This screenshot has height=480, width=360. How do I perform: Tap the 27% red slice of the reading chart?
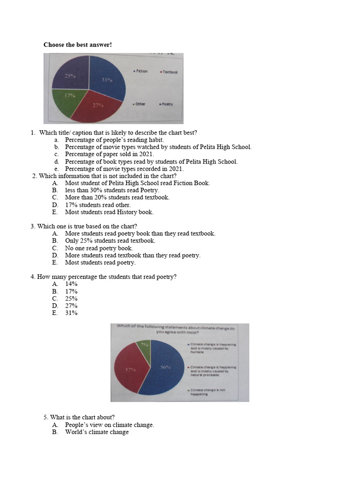click(x=98, y=108)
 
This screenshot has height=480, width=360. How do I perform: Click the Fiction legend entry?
click(x=141, y=71)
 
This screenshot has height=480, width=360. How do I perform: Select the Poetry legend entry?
click(x=166, y=104)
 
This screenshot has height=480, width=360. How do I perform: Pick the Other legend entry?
click(x=139, y=104)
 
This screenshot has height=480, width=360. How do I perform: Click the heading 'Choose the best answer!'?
click(x=78, y=45)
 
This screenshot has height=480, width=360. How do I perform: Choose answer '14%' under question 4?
click(x=71, y=284)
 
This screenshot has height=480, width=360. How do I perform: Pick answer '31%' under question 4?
click(x=71, y=313)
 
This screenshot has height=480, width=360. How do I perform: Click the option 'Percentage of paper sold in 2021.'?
click(x=109, y=154)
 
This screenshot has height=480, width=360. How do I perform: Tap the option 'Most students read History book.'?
click(x=109, y=212)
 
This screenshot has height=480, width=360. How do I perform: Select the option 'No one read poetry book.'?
click(x=99, y=248)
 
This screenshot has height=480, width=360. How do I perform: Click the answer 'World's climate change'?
click(x=97, y=432)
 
